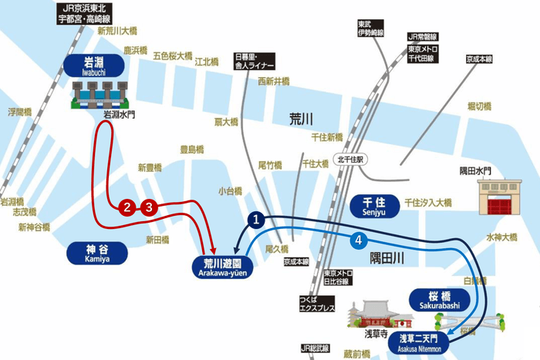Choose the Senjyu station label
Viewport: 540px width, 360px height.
click(x=374, y=205)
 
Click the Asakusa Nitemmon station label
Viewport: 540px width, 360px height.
click(x=419, y=341)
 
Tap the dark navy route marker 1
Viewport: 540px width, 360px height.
click(x=258, y=220)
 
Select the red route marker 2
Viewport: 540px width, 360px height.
click(x=128, y=207)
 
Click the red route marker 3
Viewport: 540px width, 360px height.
click(x=150, y=207)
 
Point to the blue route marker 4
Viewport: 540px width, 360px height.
click(x=358, y=241)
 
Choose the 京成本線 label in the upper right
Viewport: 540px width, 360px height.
click(x=479, y=58)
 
